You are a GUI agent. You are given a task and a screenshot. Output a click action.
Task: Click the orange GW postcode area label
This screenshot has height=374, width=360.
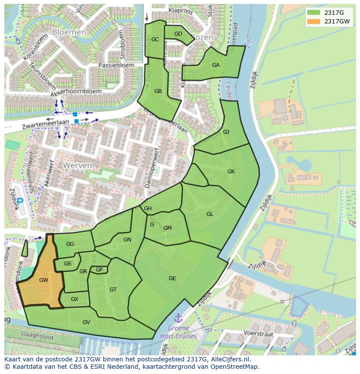(x=43, y=280)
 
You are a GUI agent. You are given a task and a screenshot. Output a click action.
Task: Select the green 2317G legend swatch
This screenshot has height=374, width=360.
(x=313, y=12)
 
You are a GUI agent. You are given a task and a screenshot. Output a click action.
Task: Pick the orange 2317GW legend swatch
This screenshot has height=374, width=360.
(x=313, y=21)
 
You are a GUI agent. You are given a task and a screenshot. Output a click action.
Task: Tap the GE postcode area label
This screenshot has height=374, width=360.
(x=172, y=278)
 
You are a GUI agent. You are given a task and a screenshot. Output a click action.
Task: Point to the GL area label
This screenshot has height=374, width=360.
(x=210, y=214)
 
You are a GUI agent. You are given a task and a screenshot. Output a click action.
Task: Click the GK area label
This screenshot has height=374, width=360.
(x=231, y=172)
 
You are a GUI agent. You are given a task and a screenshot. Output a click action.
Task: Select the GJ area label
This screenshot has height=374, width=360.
(x=226, y=132)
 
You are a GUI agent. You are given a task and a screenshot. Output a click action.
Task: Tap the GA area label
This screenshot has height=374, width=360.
(x=216, y=65)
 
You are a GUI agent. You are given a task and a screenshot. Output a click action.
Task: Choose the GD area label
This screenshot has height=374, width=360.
(x=178, y=34)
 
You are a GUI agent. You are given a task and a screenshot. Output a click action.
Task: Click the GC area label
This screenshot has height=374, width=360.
(x=155, y=40)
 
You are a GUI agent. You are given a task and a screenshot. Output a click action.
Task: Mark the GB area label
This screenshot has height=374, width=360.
(x=158, y=91)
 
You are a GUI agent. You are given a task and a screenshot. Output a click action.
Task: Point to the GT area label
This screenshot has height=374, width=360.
(x=113, y=290)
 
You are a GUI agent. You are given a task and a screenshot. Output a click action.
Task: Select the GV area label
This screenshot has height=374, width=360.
(x=86, y=322)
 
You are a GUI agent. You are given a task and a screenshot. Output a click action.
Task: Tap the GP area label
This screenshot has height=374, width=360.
(x=99, y=270)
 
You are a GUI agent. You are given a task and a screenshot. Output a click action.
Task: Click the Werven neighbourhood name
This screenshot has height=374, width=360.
(x=77, y=165)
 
